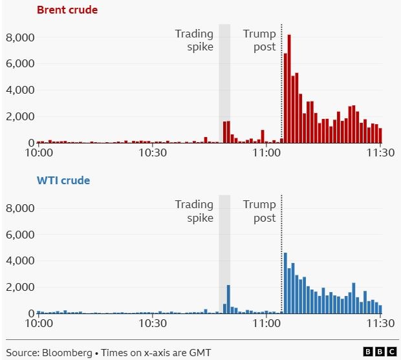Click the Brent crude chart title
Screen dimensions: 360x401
click(67, 10)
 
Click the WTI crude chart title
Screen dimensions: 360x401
click(63, 180)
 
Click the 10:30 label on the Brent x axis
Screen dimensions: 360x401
click(153, 153)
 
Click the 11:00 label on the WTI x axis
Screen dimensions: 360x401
click(266, 324)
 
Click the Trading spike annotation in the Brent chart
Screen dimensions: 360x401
click(194, 40)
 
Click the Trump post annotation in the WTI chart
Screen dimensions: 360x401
click(259, 211)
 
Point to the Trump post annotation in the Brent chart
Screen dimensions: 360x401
click(259, 40)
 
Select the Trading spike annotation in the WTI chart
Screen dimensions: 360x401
click(194, 211)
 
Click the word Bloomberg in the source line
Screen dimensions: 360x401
click(66, 352)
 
